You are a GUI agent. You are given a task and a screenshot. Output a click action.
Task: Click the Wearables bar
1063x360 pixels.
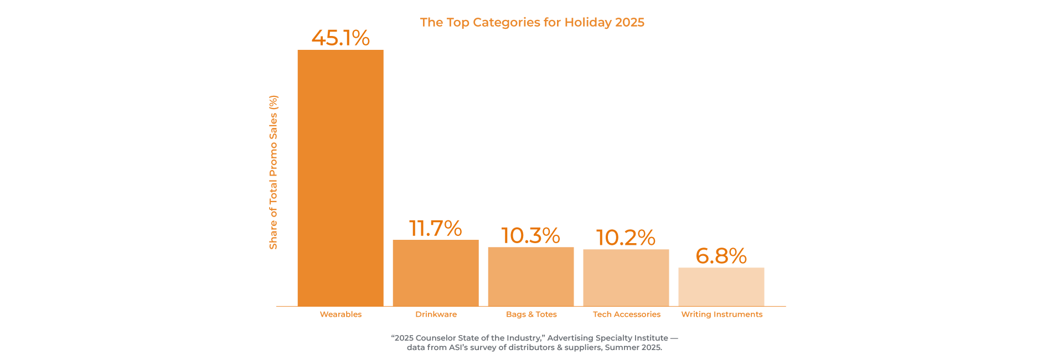point(340,177)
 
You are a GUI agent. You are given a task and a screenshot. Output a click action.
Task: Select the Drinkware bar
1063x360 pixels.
point(435,272)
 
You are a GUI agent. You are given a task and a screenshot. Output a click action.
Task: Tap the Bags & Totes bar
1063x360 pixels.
point(530,276)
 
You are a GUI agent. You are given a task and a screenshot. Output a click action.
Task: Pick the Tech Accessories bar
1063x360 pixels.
point(626,277)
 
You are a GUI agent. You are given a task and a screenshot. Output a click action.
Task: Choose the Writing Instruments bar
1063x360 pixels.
point(721,286)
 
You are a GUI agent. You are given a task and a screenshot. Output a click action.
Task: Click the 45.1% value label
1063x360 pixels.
point(340,38)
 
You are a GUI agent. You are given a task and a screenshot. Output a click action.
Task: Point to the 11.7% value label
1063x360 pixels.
point(435,228)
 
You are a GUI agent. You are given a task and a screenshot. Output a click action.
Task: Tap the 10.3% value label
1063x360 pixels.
point(530,235)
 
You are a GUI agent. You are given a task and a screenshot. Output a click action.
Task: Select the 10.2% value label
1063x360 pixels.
point(626,238)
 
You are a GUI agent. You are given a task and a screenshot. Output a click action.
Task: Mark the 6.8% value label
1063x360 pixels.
point(721,256)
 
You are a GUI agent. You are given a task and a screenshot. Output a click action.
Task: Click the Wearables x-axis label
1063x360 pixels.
point(340,314)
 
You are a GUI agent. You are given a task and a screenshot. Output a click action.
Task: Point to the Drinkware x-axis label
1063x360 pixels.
point(436,314)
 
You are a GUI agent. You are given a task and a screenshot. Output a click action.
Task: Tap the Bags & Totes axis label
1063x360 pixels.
point(531,314)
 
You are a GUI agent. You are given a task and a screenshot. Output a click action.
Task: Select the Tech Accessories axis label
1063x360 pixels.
point(626,314)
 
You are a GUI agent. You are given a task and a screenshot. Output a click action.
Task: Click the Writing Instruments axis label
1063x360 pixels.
point(721,314)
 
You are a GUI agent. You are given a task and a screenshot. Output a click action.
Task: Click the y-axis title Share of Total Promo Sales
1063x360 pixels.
point(273,172)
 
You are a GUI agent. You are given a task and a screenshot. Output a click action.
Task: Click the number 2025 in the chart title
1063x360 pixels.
point(629,22)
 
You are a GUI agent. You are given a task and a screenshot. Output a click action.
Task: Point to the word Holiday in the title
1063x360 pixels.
point(589,22)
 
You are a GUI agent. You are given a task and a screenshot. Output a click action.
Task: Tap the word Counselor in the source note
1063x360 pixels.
point(435,338)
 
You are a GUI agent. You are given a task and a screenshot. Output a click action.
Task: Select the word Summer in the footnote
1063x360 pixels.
point(621,347)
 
